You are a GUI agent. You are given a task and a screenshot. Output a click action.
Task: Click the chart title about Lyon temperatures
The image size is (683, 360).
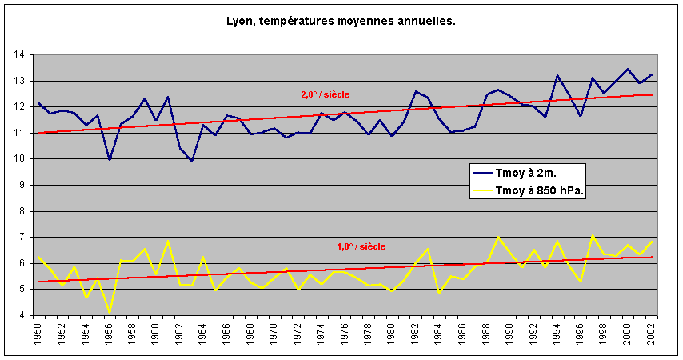(341, 21)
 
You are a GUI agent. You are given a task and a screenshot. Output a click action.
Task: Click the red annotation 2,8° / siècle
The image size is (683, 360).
(325, 94)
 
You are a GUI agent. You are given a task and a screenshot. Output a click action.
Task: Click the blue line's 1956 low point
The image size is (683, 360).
(110, 160)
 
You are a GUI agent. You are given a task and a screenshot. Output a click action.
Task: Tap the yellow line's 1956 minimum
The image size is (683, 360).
(110, 312)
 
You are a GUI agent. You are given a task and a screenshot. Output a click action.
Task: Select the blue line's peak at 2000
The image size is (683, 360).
(628, 69)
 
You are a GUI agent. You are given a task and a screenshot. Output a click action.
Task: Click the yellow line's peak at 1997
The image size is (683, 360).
(592, 235)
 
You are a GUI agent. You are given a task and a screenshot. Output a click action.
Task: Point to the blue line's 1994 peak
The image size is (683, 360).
(557, 75)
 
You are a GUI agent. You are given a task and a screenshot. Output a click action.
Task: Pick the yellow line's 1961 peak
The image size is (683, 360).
(168, 241)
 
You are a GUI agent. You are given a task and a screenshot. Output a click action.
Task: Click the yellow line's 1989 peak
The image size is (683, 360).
(498, 237)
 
